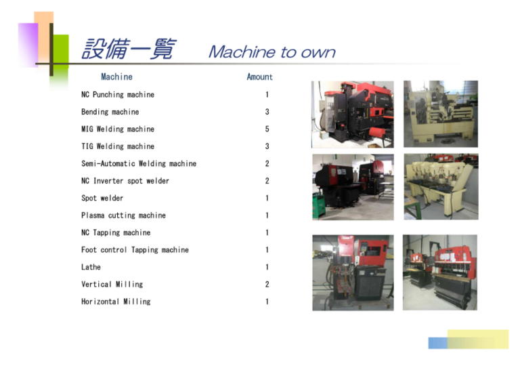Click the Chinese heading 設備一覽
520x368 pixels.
click(x=129, y=49)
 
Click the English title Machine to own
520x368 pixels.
click(x=272, y=52)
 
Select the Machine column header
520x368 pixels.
click(x=116, y=77)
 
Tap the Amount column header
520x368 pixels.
click(x=260, y=77)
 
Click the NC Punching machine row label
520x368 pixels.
click(x=118, y=95)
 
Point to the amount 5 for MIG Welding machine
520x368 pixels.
click(x=267, y=129)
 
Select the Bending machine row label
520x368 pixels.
click(x=110, y=112)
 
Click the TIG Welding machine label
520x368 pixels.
click(x=118, y=146)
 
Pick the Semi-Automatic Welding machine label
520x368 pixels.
click(x=139, y=163)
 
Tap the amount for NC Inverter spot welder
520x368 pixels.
click(x=267, y=181)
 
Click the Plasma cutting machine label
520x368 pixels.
click(x=123, y=216)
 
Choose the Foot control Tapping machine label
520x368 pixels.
click(x=135, y=250)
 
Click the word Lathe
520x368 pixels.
click(x=91, y=267)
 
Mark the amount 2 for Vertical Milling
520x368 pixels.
click(x=267, y=285)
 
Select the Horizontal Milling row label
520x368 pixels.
click(x=116, y=302)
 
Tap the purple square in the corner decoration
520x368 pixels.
click(x=28, y=44)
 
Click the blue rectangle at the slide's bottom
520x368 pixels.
click(x=438, y=343)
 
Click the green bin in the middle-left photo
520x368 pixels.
click(x=319, y=207)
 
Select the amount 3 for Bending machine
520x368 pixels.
click(x=267, y=112)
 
